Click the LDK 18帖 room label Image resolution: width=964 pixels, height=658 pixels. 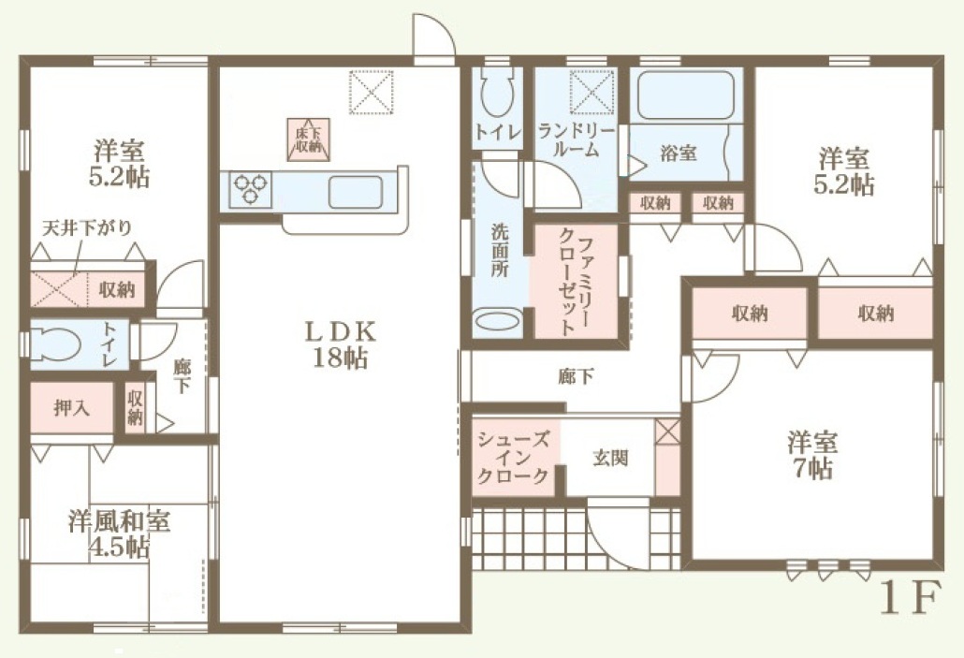tap(341, 344)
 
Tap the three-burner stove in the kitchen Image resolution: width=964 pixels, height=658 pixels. tap(251, 188)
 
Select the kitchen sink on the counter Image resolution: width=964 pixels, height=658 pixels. tap(356, 192)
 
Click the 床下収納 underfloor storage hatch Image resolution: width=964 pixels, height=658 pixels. tap(309, 139)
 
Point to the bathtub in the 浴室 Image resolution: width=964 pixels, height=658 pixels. tap(686, 95)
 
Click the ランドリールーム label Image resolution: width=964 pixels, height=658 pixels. tap(576, 140)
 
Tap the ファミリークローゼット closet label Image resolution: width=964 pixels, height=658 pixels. tap(577, 281)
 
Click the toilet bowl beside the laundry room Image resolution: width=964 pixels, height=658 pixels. tap(497, 92)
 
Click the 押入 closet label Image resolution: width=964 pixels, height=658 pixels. tap(71, 407)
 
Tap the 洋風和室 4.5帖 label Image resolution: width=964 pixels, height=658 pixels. tap(119, 534)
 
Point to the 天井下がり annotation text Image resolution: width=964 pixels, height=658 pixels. tap(87, 228)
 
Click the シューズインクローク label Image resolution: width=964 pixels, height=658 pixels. tap(513, 457)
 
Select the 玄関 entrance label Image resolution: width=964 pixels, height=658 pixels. tap(610, 458)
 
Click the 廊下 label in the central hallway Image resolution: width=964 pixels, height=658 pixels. tap(576, 376)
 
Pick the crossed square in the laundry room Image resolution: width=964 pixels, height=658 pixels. tap(592, 93)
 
